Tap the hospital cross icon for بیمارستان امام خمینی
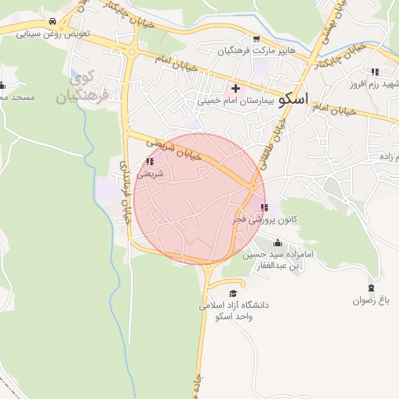click(235, 88)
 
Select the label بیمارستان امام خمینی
click(236, 101)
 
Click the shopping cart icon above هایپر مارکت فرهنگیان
click(256, 38)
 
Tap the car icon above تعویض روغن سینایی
click(51, 22)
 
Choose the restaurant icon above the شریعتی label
click(150, 162)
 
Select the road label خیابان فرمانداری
click(124, 192)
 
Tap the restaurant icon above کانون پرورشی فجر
click(264, 207)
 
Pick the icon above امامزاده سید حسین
click(278, 242)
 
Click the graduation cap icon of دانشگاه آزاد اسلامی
click(232, 292)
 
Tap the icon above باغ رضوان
click(370, 288)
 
